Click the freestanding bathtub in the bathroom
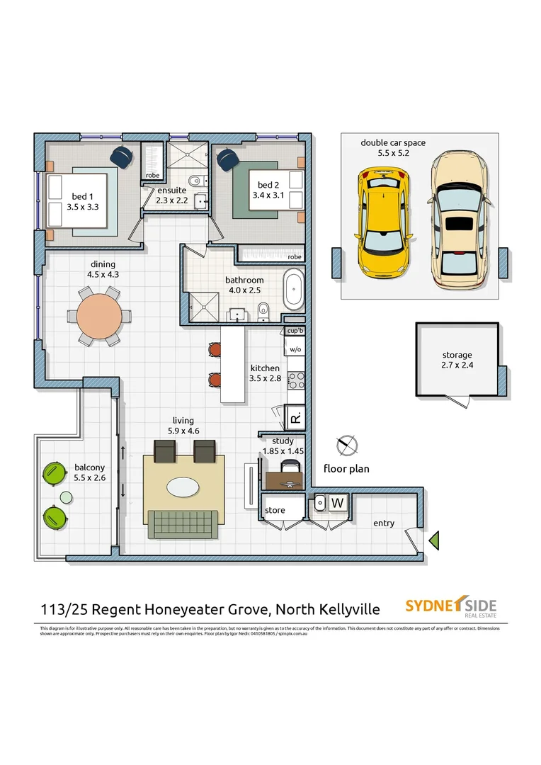pyautogui.click(x=293, y=288)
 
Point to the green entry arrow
pyautogui.click(x=435, y=540)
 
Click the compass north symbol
pyautogui.click(x=347, y=446)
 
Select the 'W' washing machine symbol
pyautogui.click(x=338, y=503)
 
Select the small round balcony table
pyautogui.click(x=65, y=498)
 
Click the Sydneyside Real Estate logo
pyautogui.click(x=450, y=607)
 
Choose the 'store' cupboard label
pyautogui.click(x=275, y=510)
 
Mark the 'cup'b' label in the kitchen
pyautogui.click(x=295, y=331)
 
